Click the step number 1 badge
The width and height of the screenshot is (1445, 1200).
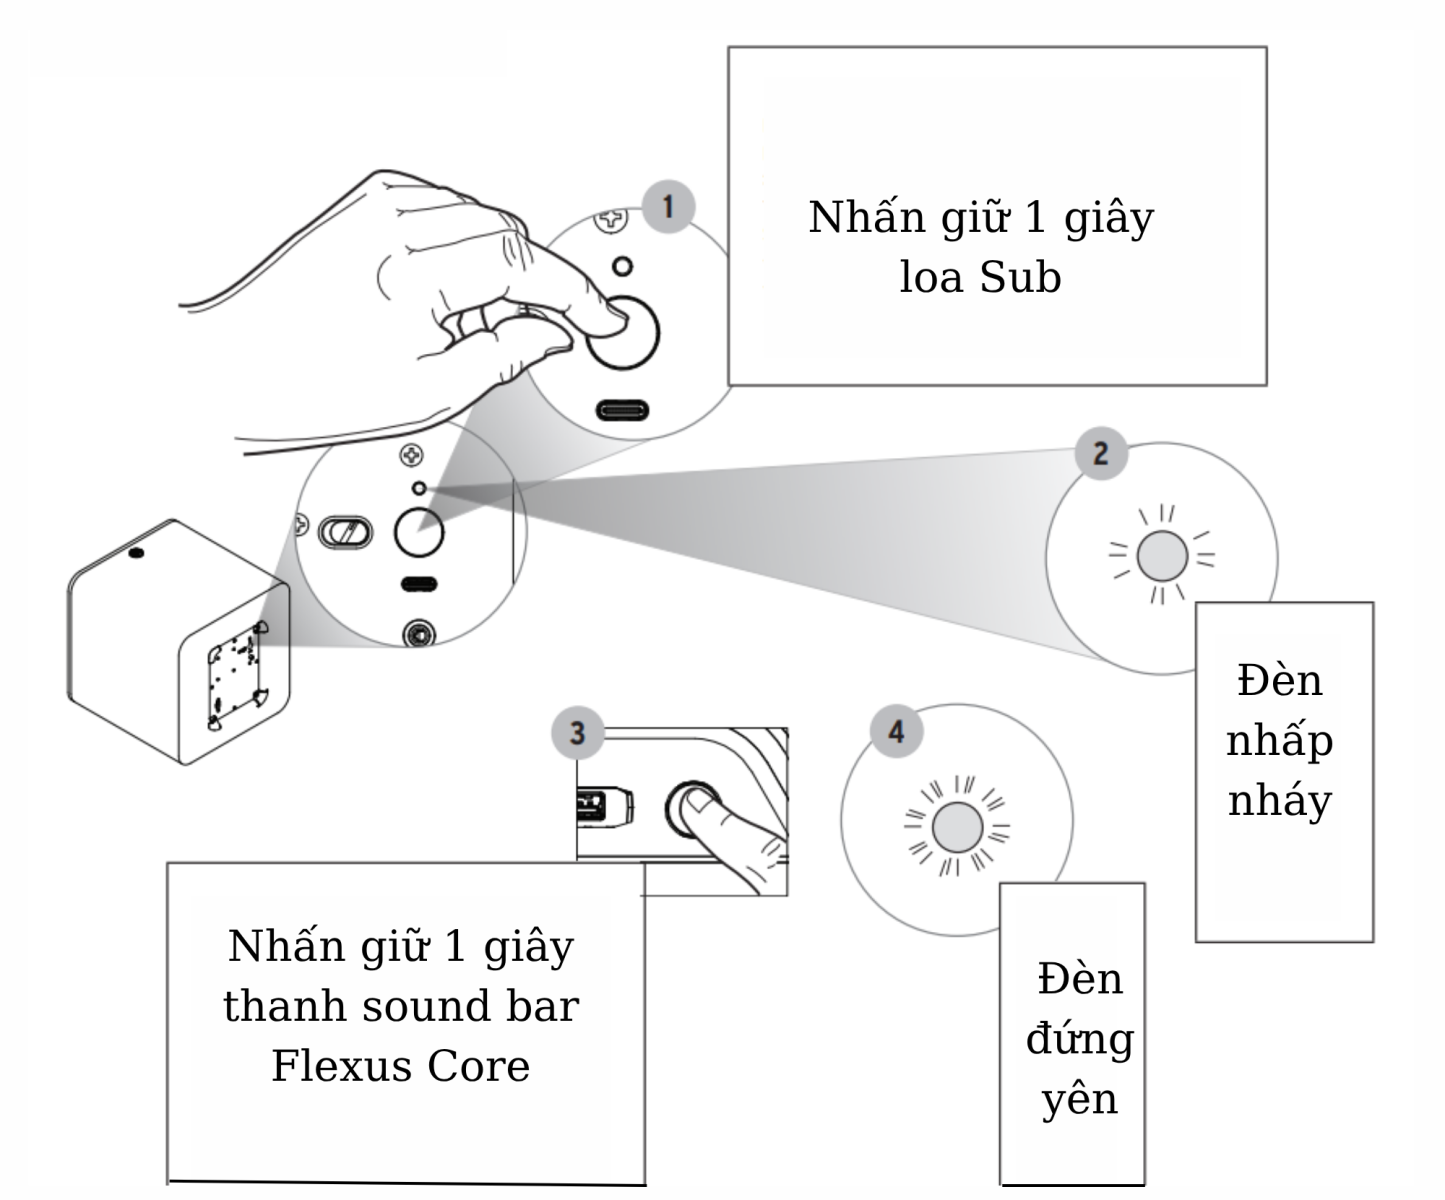coord(668,207)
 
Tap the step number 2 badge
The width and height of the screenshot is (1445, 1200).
coord(1101,454)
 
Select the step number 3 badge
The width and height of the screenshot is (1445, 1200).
coord(577,732)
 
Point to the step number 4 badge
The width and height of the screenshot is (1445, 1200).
coord(896,731)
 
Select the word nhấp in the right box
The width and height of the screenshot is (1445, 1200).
coord(1280,742)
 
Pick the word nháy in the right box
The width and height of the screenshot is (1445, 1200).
coord(1280,801)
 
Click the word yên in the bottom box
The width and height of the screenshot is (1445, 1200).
coord(1079,1099)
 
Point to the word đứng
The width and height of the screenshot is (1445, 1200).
coord(1079,1040)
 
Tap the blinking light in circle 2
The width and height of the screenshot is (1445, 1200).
coord(1162,557)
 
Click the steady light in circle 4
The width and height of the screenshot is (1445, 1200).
coord(957,828)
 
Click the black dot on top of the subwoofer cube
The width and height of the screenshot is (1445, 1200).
coord(137,553)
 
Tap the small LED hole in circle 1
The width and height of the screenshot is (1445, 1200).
coord(622,267)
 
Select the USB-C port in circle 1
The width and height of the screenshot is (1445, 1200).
coord(622,410)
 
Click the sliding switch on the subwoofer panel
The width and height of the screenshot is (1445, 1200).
coord(345,532)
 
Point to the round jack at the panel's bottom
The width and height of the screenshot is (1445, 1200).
coord(417,634)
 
